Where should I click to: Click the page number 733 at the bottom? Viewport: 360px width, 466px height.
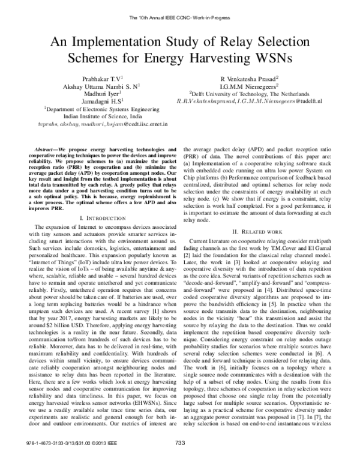click(179, 459)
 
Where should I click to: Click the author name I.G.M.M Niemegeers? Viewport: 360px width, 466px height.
click(253, 86)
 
